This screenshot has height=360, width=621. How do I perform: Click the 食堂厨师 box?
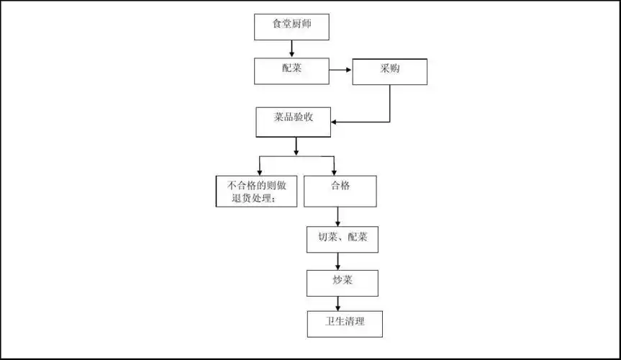point(292,27)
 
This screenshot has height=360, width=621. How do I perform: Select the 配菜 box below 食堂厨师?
point(292,71)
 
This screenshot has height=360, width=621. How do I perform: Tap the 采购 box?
point(389,71)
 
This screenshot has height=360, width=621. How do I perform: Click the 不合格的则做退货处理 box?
point(256,191)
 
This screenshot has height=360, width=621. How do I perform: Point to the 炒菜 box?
point(342,282)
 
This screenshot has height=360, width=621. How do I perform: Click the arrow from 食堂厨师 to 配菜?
point(292,48)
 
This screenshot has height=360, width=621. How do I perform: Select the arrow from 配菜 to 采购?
point(340,71)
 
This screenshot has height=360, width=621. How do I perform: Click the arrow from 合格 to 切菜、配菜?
point(337,217)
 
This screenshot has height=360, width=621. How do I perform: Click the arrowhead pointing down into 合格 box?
point(334,170)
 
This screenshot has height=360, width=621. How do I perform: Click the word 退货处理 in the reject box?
point(250,199)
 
